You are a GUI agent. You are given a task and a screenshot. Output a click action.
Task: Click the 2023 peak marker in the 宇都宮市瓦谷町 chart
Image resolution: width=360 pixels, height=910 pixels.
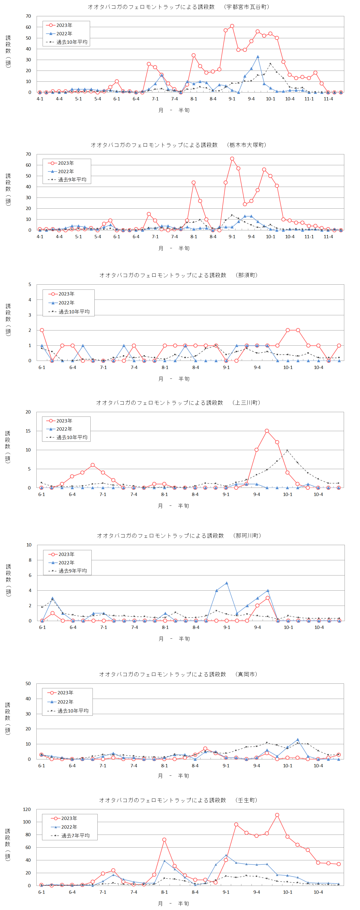(x=232, y=26)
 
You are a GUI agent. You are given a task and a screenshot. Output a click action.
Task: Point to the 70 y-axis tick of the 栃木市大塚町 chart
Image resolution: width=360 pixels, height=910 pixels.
(x=28, y=154)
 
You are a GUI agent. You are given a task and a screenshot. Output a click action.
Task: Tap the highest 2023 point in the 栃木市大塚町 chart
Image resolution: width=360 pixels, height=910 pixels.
(x=232, y=159)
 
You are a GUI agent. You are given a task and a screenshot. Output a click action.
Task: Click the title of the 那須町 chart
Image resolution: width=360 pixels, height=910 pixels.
(x=179, y=275)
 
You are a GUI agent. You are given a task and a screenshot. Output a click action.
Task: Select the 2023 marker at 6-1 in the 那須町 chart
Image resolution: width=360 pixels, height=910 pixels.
(x=42, y=330)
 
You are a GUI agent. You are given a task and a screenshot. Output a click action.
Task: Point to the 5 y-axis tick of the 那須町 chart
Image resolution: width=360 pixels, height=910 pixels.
(x=30, y=285)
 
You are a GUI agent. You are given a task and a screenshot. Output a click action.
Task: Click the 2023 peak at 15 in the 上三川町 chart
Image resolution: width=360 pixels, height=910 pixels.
(x=267, y=431)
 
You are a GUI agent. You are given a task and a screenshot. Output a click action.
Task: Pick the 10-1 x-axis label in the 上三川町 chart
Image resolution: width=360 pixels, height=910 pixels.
(x=288, y=495)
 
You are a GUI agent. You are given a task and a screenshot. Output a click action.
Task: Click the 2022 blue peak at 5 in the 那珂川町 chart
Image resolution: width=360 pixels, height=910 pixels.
(x=227, y=583)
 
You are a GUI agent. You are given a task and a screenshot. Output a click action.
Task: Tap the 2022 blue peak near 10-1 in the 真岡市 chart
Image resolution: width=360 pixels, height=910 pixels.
(x=298, y=740)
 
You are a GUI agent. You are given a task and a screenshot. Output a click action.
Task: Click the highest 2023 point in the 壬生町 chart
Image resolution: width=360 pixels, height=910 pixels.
(x=277, y=815)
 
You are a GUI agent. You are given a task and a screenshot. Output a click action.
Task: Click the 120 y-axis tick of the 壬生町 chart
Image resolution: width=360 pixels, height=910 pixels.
(x=27, y=809)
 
